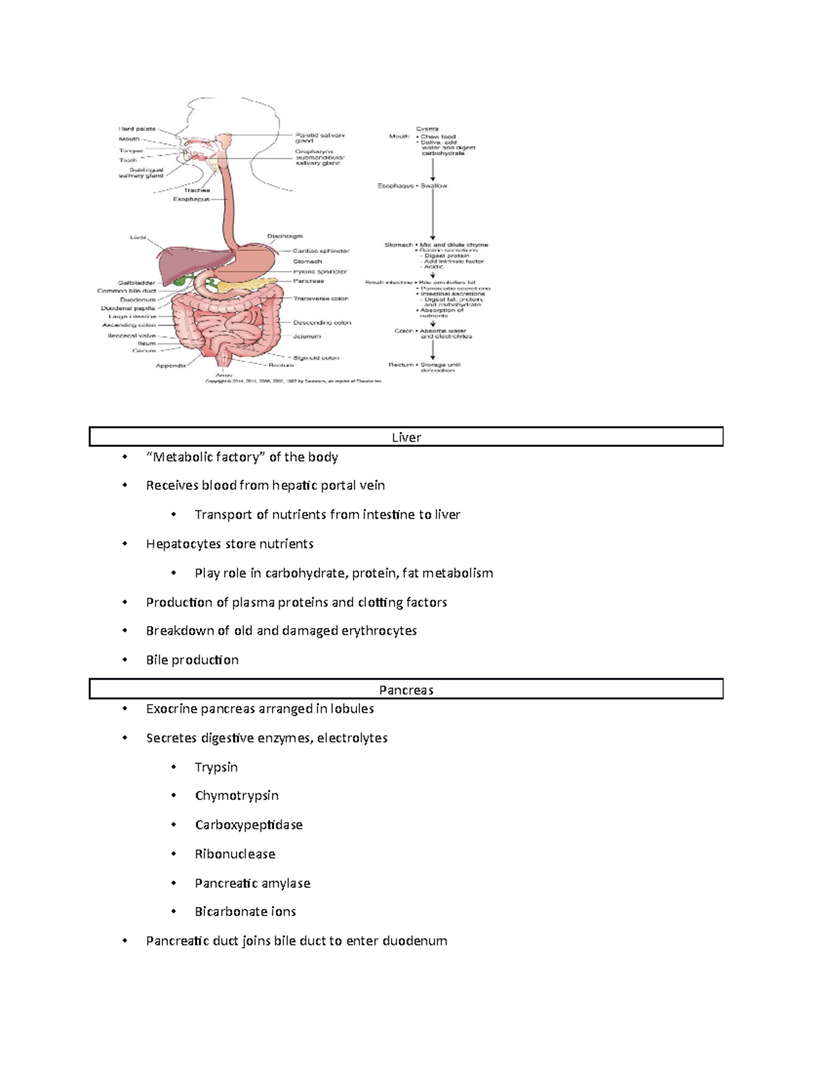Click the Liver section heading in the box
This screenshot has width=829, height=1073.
[406, 437]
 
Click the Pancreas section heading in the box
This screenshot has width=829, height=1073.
[406, 690]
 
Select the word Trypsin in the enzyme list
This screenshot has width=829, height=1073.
[216, 767]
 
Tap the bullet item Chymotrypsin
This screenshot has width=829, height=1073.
[236, 796]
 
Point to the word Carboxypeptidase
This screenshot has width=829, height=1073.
[249, 825]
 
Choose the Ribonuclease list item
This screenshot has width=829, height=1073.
[235, 854]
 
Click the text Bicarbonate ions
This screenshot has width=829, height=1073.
[245, 912]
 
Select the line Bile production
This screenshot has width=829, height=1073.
[192, 660]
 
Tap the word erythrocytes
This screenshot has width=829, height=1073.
[379, 631]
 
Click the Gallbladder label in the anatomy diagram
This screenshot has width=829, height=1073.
[136, 283]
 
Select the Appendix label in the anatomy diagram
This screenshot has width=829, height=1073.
[171, 365]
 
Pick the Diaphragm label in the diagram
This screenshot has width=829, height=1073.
[285, 236]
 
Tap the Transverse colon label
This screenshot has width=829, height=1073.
[321, 298]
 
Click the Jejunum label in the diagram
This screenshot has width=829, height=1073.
[307, 336]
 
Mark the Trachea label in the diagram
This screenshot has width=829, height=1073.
[196, 190]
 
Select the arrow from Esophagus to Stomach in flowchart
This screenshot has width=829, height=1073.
[433, 214]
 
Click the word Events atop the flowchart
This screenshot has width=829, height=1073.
[427, 129]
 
